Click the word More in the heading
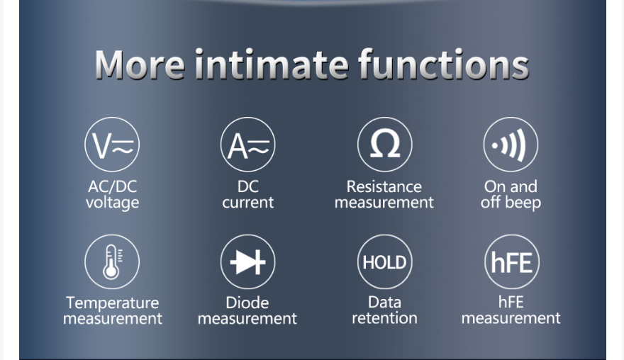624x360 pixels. coord(140,64)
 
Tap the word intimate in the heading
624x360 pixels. coord(272,64)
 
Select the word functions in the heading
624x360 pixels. coord(444,64)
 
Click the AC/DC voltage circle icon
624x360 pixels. coord(112,145)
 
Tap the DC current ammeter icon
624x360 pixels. coord(248,145)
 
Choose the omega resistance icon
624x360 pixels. coord(385,145)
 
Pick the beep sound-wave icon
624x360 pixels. coord(511,145)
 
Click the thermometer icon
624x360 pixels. coord(112,261)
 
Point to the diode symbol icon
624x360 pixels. coord(248,261)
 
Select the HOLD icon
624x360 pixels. coord(385,261)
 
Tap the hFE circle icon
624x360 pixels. coord(512,261)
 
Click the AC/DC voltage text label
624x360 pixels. coord(113,194)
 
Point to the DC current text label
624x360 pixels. coord(248,194)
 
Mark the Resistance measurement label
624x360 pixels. coord(384,194)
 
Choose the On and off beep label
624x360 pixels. coord(511,194)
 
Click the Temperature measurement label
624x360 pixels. coord(113,310)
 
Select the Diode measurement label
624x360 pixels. coord(247,310)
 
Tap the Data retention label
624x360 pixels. coord(385,310)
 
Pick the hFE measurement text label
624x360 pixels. coord(511,310)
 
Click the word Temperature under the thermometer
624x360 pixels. coord(113,303)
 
